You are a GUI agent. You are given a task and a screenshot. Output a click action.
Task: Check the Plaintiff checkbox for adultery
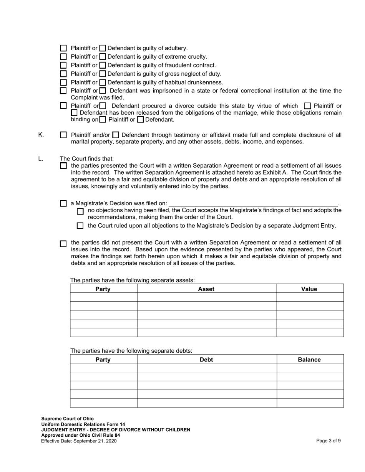coord(64,48)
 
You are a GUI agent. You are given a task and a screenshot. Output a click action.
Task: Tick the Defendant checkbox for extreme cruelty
coord(103,57)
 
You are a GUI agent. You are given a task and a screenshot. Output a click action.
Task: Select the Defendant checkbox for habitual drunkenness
coord(103,83)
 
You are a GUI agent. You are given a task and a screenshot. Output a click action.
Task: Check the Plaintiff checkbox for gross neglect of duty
coord(64,74)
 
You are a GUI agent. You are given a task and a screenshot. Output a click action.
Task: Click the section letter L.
coord(41,159)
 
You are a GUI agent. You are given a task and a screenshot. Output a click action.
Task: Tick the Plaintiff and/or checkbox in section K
coord(64,135)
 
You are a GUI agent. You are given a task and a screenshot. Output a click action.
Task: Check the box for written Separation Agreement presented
coord(64,166)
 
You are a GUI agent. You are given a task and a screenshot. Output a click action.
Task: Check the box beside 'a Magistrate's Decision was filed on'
coord(64,203)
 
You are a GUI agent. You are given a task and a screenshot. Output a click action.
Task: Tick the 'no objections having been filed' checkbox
coord(80,211)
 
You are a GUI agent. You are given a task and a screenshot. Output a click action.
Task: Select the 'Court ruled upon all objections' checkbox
coord(80,226)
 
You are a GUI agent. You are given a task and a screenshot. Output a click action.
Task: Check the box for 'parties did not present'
coord(64,244)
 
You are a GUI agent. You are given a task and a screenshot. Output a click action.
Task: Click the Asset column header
coord(206,289)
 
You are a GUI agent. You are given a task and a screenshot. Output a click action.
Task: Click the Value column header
coord(309,289)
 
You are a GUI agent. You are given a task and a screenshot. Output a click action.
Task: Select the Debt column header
coord(206,360)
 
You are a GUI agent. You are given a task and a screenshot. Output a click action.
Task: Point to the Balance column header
coord(309,360)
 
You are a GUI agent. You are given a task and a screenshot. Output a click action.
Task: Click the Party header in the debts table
coord(103,360)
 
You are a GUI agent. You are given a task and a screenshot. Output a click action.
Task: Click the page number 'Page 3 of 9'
coord(328,441)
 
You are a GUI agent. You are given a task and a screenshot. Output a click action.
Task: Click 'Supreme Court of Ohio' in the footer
coord(67,419)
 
